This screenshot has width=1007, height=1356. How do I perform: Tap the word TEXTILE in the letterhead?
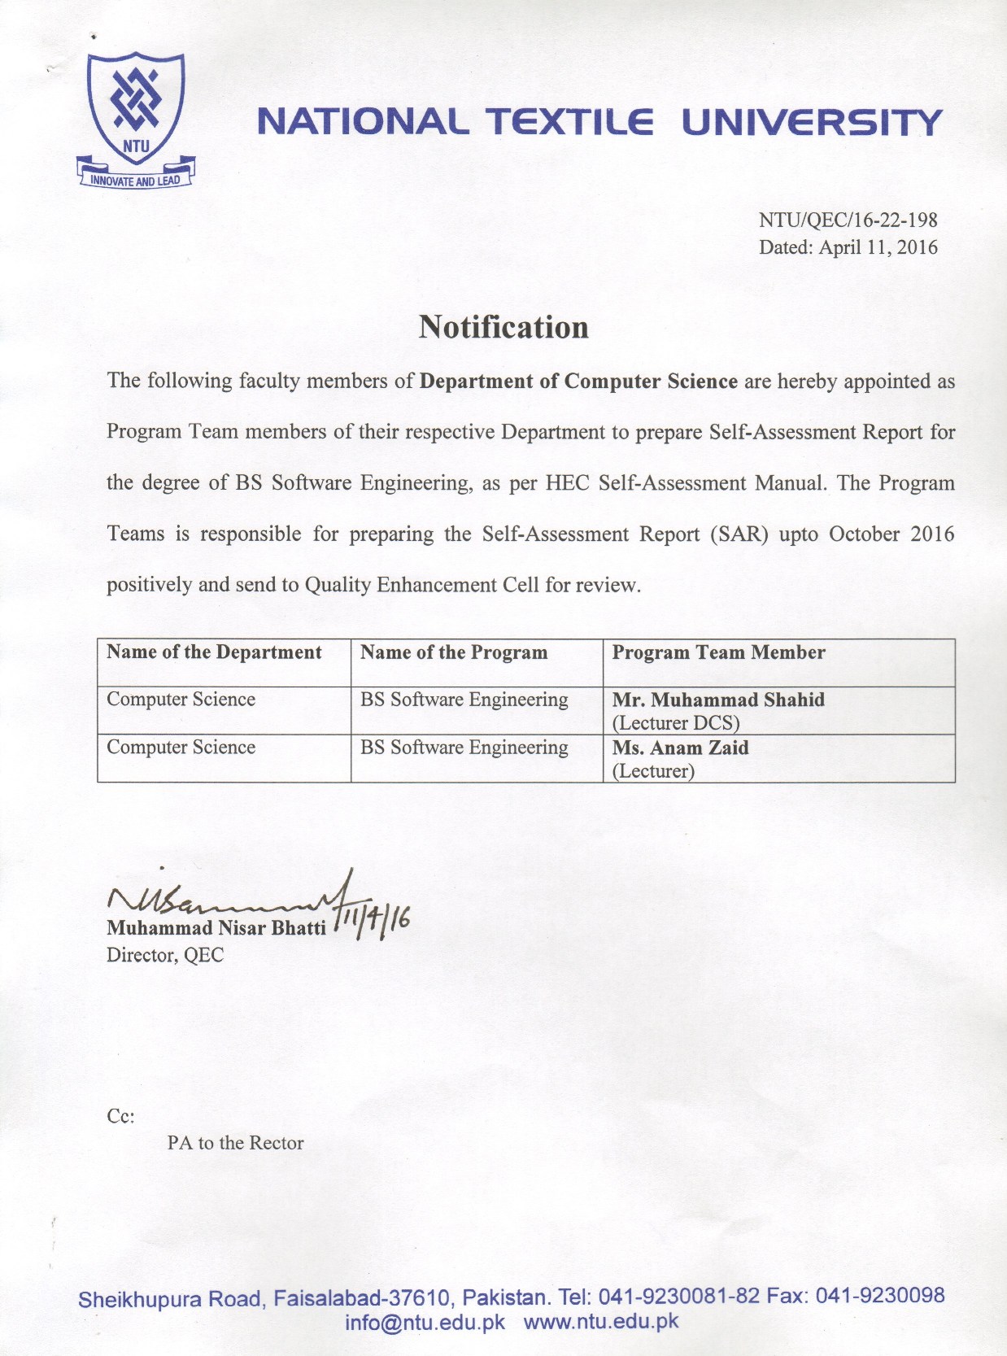pos(569,122)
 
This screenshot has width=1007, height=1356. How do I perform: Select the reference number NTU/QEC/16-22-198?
pos(848,220)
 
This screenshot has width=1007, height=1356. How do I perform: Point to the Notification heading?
pos(503,327)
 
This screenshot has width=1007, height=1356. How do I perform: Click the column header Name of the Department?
pos(214,652)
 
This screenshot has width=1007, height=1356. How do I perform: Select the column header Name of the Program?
pos(454,652)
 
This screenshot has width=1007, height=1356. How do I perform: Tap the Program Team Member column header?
pos(718,652)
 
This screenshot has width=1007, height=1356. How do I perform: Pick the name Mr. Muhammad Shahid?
pos(718,700)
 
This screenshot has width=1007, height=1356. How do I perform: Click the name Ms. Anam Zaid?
pos(680,748)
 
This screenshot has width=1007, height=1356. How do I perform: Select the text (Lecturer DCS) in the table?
pos(676,722)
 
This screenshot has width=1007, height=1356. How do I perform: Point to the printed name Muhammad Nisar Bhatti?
pos(216,928)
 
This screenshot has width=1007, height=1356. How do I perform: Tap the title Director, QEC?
pos(165,955)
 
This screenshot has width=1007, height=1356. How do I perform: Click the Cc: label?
pos(120,1116)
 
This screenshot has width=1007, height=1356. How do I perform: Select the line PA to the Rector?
pos(235,1143)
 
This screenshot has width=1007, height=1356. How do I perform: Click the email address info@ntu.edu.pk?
pos(425,1322)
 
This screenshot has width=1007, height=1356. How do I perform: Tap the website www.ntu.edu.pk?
pos(601,1321)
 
